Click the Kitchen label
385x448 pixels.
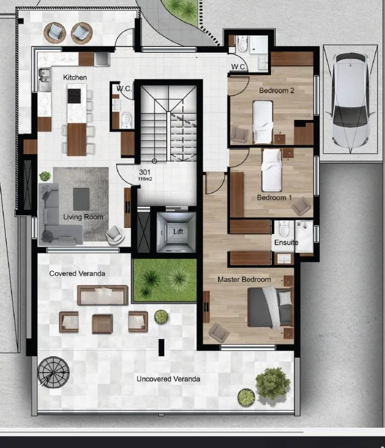(x=75, y=78)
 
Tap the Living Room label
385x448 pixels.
(x=83, y=217)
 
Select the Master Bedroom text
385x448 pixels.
(x=244, y=279)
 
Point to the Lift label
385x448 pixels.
(x=178, y=231)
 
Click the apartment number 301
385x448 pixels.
(x=144, y=172)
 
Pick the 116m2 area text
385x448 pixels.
(x=145, y=179)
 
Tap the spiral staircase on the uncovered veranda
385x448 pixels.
(x=53, y=373)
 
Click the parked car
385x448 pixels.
(x=351, y=100)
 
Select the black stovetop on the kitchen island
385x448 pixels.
(x=74, y=96)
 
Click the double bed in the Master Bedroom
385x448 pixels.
(x=270, y=308)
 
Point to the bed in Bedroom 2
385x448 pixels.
(x=262, y=122)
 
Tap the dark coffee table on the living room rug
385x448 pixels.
(x=81, y=199)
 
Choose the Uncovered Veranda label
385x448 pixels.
(x=168, y=379)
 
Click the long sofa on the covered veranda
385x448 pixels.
(x=103, y=295)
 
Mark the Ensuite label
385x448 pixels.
(x=286, y=242)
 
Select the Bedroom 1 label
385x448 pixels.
(x=274, y=198)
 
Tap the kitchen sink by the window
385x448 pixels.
(x=44, y=75)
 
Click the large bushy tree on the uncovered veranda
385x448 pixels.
(x=272, y=383)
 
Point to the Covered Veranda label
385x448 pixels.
(x=77, y=273)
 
